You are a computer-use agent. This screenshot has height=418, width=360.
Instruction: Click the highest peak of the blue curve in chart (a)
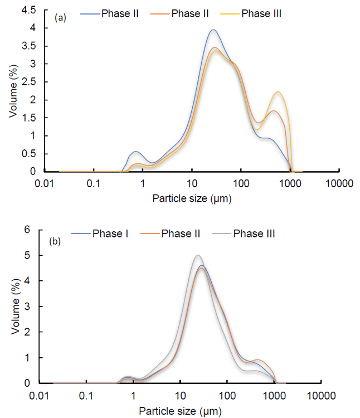click(213, 30)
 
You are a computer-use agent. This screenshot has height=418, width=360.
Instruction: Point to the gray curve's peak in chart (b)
click(197, 256)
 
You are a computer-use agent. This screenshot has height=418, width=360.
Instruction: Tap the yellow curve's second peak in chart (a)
click(278, 92)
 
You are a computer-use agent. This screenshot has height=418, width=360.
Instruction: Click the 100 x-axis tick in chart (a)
click(241, 182)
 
